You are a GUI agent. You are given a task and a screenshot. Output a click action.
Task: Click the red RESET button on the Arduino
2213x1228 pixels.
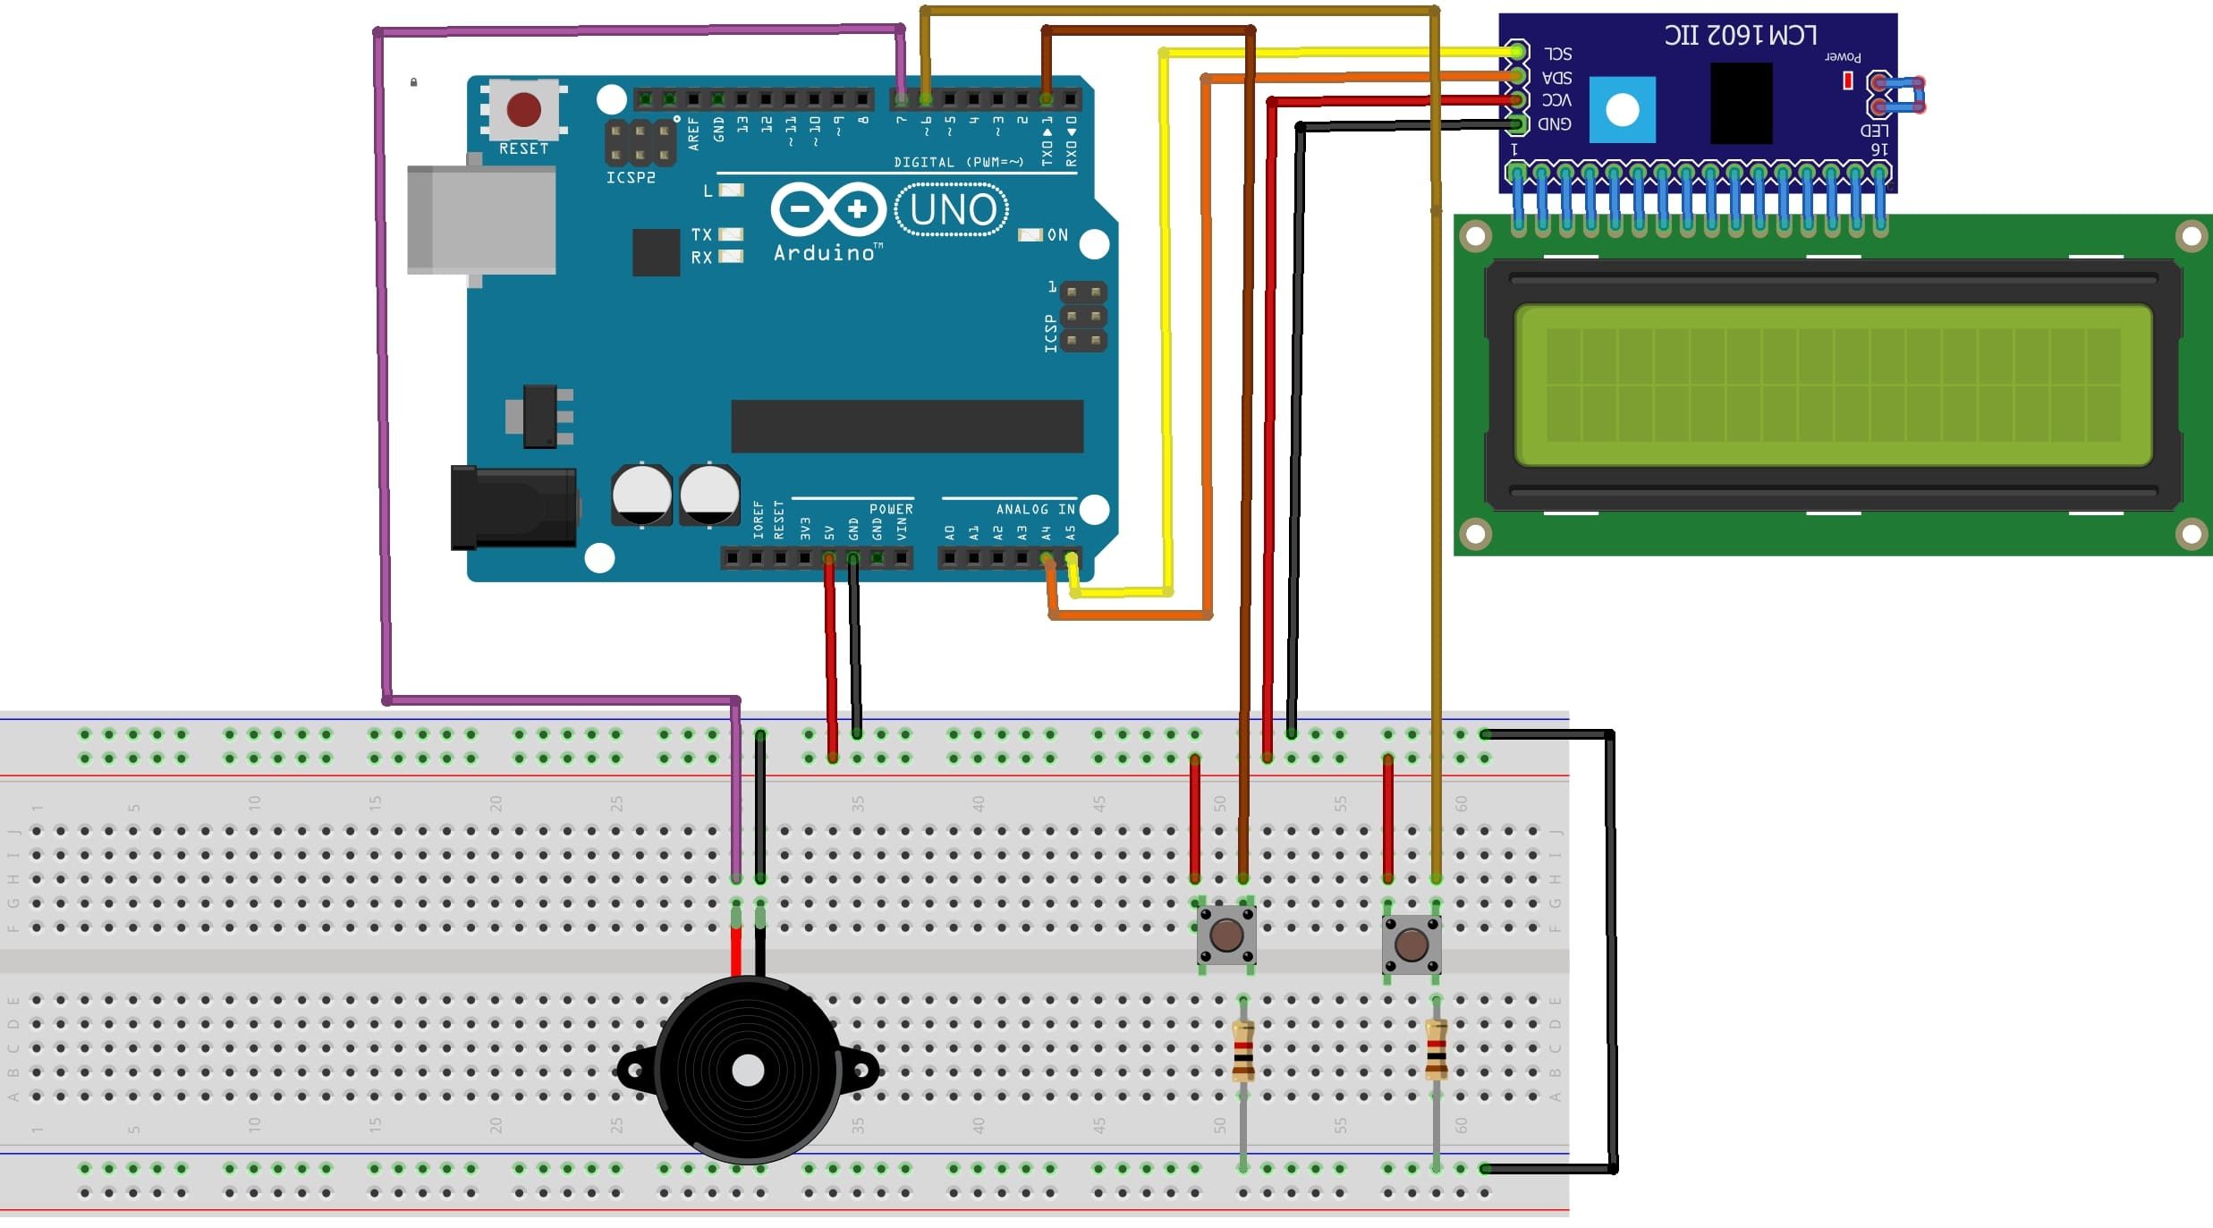click(x=523, y=109)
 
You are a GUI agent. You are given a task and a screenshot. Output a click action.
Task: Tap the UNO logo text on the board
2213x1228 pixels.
click(x=953, y=210)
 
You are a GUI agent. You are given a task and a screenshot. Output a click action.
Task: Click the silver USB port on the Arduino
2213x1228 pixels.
click(x=481, y=219)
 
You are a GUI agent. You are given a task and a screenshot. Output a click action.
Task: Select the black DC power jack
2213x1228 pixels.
click(x=513, y=507)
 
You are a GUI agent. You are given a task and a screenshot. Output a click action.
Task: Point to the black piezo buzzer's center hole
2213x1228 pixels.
click(x=748, y=1070)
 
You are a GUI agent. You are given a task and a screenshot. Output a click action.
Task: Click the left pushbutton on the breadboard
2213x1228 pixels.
click(x=1226, y=936)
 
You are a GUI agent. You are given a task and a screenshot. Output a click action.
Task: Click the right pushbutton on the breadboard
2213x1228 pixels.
click(x=1411, y=944)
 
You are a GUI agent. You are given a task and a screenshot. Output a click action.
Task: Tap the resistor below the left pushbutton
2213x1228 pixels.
click(x=1242, y=1051)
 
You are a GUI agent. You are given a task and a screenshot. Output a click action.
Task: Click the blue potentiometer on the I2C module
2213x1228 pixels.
click(x=1622, y=110)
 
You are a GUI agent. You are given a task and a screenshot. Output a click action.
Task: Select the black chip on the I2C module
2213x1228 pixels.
click(x=1741, y=103)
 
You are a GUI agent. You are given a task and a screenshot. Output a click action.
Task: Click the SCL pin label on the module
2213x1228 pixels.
click(x=1557, y=54)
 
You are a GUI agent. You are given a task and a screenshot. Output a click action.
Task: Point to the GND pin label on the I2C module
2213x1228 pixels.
click(x=1555, y=124)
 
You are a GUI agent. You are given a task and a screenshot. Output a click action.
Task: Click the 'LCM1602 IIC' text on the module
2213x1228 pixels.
click(x=1740, y=36)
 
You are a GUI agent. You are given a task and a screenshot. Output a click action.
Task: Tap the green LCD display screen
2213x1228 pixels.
click(x=1833, y=385)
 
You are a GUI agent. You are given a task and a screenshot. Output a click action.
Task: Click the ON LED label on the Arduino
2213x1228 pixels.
click(x=1057, y=235)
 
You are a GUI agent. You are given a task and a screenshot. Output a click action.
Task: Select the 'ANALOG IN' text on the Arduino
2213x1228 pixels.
click(x=1035, y=509)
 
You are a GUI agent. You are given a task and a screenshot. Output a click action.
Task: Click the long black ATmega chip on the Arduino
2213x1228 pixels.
click(x=907, y=427)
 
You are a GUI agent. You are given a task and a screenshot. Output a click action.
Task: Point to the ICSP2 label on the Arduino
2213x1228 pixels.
click(x=631, y=178)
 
